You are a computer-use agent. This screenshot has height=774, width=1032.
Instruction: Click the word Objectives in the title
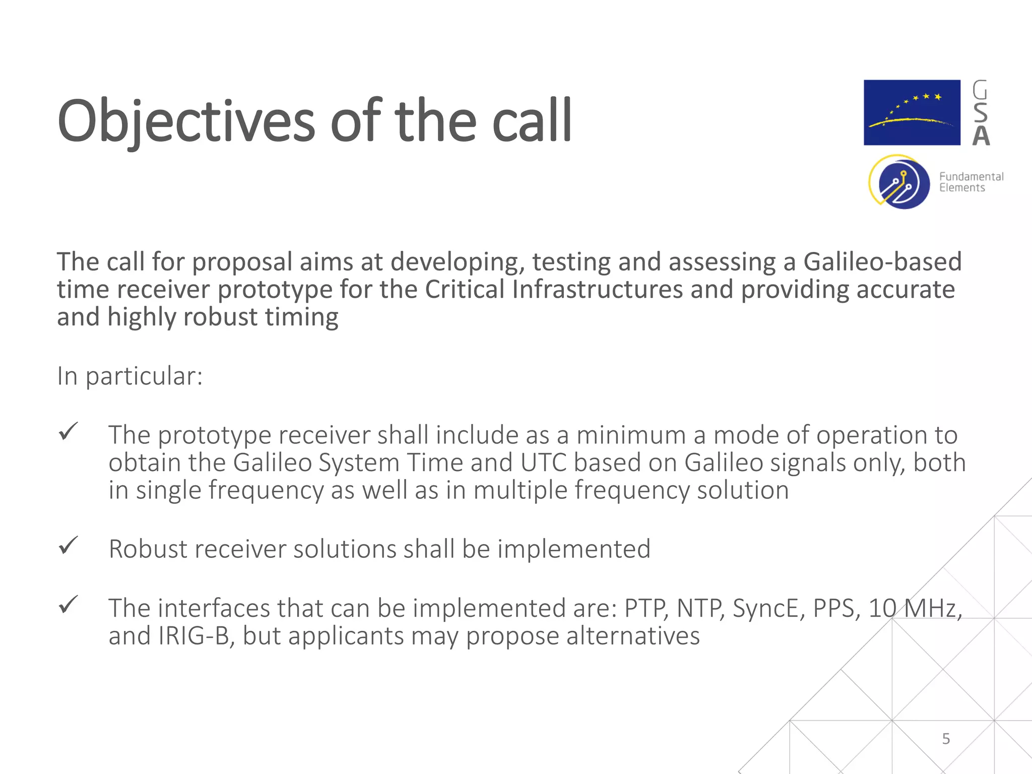pyautogui.click(x=186, y=121)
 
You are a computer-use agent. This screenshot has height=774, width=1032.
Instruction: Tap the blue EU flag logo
pyautogui.click(x=912, y=112)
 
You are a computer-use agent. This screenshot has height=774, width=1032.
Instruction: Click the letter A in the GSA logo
pyautogui.click(x=981, y=136)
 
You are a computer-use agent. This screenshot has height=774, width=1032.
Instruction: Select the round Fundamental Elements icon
pyautogui.click(x=900, y=182)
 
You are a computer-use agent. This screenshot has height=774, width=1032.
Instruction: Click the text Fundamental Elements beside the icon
pyautogui.click(x=971, y=182)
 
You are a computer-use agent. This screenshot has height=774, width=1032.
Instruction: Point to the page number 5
pyautogui.click(x=946, y=739)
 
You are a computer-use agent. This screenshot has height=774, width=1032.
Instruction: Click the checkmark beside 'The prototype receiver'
pyautogui.click(x=68, y=431)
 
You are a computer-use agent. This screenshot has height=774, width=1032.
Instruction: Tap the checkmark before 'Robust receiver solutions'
pyautogui.click(x=68, y=545)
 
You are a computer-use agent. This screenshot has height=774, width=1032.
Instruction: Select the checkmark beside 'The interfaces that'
pyautogui.click(x=68, y=605)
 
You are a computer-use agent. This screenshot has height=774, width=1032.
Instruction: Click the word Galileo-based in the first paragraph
pyautogui.click(x=882, y=262)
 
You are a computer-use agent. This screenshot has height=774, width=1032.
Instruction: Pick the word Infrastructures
pyautogui.click(x=597, y=290)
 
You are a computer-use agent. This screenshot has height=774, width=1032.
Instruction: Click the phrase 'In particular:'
pyautogui.click(x=130, y=376)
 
